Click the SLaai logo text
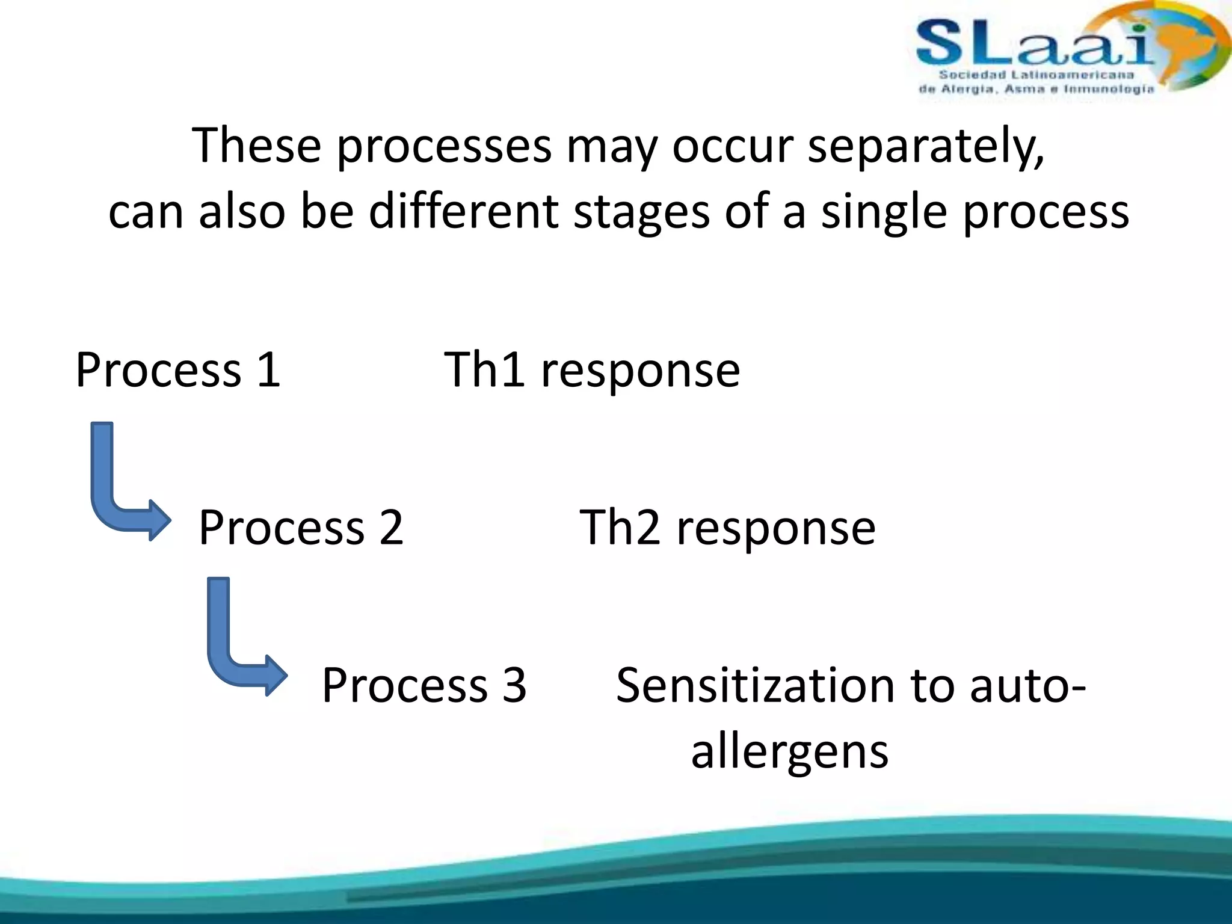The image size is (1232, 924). [x=1035, y=43]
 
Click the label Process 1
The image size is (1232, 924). [x=178, y=370]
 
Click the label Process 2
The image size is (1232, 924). [x=301, y=528]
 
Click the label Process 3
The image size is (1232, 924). [x=424, y=685]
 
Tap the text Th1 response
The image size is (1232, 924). [x=592, y=370]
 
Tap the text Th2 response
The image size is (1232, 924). [x=727, y=528]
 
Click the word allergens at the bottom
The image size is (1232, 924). [x=789, y=752]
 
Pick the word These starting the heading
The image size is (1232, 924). [x=256, y=146]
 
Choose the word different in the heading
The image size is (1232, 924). [x=463, y=212]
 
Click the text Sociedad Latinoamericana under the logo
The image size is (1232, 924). [x=1036, y=75]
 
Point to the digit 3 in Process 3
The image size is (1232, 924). [x=514, y=685]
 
